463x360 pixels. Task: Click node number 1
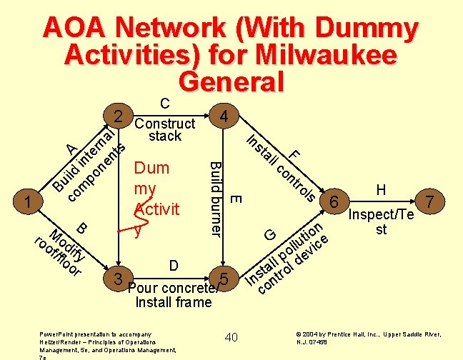[x=27, y=202]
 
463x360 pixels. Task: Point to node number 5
[x=224, y=279]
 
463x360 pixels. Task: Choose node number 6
[x=334, y=202]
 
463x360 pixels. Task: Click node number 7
[x=429, y=202]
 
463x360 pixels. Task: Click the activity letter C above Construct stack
[x=164, y=104]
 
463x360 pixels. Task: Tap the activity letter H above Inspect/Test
[x=382, y=189]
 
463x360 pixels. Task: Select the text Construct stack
[x=165, y=129]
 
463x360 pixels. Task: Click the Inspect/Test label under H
[x=381, y=222]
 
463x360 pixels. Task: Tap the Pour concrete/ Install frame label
[x=174, y=295]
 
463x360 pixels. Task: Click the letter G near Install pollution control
[x=270, y=234]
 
